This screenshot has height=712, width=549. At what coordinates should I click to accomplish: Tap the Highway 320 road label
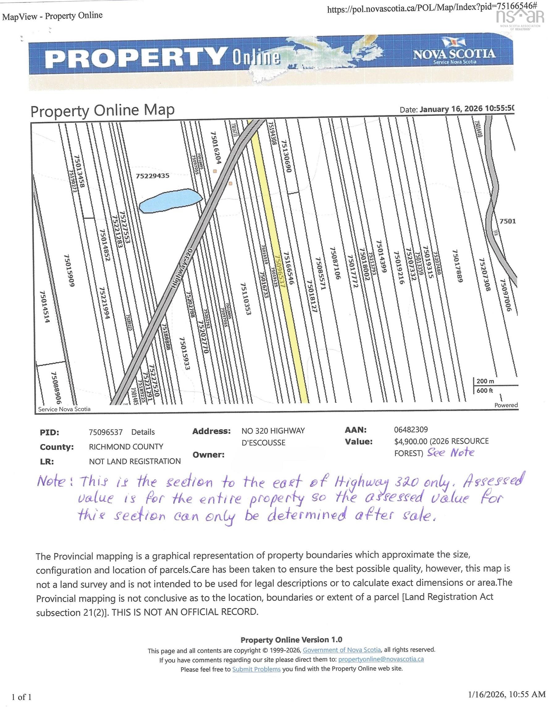(x=182, y=268)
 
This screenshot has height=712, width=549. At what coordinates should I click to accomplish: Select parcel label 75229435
(x=153, y=176)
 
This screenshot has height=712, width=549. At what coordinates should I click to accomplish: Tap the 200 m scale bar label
(x=485, y=381)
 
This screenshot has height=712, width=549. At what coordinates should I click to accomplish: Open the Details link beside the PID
(x=143, y=432)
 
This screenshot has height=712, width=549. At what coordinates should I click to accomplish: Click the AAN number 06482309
(x=411, y=430)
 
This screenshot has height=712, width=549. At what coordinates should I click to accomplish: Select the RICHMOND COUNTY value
(x=126, y=447)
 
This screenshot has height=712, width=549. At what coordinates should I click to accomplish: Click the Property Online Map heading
(x=102, y=111)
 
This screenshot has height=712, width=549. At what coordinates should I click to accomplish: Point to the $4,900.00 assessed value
(x=410, y=441)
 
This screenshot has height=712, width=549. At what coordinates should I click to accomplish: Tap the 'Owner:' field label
(x=208, y=455)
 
